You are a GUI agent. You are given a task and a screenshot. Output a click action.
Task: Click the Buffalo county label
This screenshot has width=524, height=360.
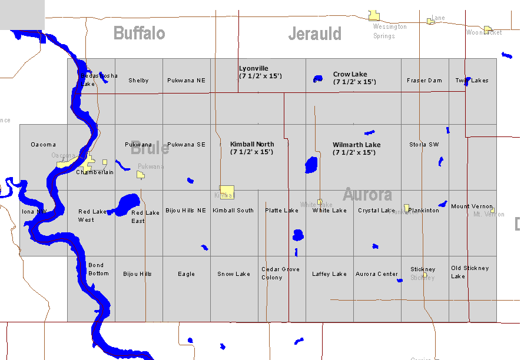point(139,33)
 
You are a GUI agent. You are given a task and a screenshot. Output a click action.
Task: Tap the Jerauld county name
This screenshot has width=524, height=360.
point(314,34)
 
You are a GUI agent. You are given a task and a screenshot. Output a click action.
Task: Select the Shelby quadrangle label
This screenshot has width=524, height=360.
point(138,81)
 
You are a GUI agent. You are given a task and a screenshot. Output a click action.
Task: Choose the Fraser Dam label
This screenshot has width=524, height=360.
point(424,81)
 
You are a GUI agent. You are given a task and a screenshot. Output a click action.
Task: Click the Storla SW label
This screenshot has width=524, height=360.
point(424,145)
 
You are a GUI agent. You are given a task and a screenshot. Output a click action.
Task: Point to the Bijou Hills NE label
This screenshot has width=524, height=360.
point(185,210)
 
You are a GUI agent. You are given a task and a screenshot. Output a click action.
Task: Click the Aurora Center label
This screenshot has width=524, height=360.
point(377,274)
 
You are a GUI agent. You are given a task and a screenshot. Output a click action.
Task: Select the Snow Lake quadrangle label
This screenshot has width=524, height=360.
point(234,274)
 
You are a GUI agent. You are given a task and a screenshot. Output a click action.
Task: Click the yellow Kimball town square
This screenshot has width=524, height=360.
point(227,192)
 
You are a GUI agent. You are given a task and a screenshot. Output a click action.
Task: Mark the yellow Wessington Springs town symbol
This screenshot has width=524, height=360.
point(373,16)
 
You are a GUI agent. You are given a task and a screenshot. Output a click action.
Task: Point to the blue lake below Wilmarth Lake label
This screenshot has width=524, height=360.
point(311,165)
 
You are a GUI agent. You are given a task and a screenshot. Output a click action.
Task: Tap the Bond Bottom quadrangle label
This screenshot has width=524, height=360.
point(98,269)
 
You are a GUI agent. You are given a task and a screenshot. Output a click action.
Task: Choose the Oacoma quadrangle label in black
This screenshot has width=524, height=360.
point(43,145)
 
